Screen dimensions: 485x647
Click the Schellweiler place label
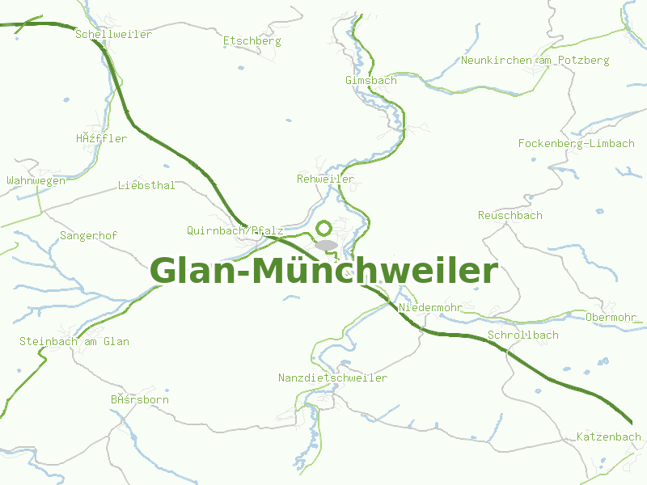click(x=113, y=35)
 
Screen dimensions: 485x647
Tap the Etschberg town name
click(x=252, y=40)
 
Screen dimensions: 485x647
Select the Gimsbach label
click(x=371, y=81)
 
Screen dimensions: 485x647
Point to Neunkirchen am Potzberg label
click(x=535, y=61)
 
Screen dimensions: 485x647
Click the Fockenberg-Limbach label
click(x=577, y=144)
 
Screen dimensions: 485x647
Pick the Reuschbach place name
click(x=510, y=216)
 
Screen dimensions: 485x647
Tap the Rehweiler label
click(x=326, y=179)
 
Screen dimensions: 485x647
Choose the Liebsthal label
click(x=146, y=186)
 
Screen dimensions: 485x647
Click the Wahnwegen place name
click(x=36, y=181)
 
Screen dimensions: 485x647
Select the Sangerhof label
click(x=89, y=236)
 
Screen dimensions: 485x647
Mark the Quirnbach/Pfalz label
click(x=235, y=230)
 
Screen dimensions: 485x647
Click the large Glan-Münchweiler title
click(x=324, y=272)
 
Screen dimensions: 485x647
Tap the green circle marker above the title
click(x=324, y=229)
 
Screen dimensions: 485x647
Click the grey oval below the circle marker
click(x=326, y=244)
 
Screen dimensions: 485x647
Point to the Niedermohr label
click(x=430, y=308)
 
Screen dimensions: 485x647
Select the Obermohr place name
click(x=614, y=317)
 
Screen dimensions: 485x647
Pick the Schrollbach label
click(x=523, y=335)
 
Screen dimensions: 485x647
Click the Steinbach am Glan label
click(x=74, y=342)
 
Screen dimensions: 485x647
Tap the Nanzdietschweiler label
click(x=333, y=378)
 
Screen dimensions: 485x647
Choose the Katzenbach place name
click(x=609, y=437)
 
